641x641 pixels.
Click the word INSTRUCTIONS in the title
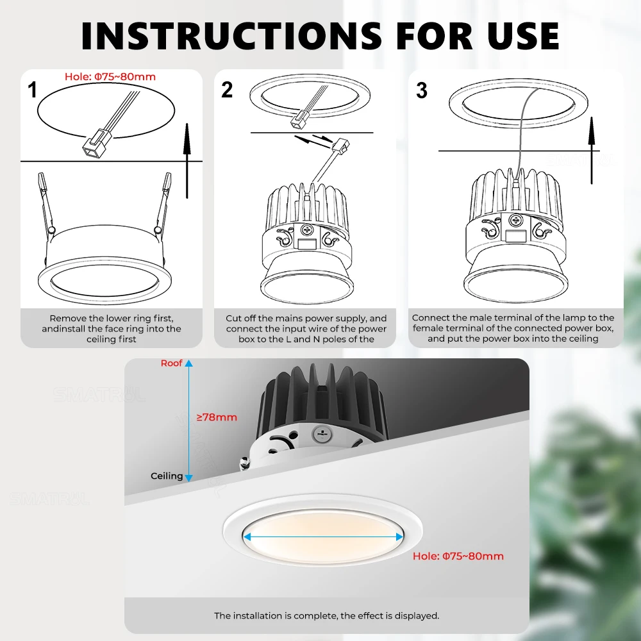coord(231,35)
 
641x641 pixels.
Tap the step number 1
coord(32,90)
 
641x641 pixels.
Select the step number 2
coord(227,90)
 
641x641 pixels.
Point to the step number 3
coord(422,90)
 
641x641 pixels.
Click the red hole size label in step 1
coord(110,77)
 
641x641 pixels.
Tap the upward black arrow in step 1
coord(187,161)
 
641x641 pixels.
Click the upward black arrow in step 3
coord(592,151)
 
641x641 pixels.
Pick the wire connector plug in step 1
coord(94,144)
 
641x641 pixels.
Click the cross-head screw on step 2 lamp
coord(306,229)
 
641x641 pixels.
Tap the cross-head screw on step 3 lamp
coord(515,221)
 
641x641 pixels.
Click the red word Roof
coord(171,363)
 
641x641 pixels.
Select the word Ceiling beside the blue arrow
coord(167,476)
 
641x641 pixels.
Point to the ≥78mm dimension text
coord(217,417)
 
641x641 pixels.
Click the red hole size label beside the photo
coord(458,556)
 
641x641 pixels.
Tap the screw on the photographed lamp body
coord(322,434)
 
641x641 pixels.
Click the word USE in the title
coord(523,35)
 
